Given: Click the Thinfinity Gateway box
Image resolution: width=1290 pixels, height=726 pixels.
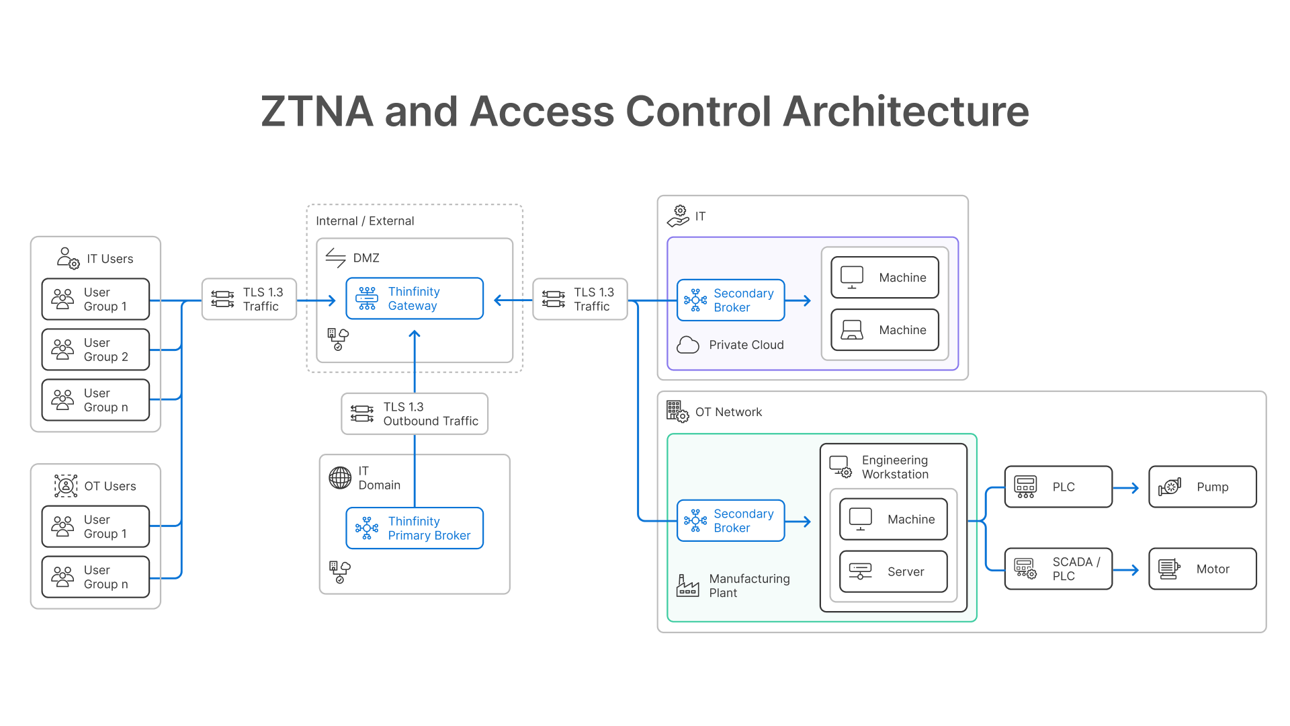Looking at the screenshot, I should [x=414, y=298].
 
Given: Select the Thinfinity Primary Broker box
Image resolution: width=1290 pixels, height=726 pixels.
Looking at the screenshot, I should [x=414, y=528].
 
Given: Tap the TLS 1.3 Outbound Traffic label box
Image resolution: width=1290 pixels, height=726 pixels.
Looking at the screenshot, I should [x=414, y=414].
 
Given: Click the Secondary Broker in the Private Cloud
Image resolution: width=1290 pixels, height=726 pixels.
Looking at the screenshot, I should [x=730, y=300].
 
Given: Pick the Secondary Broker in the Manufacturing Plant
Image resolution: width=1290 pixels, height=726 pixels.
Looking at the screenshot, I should [x=730, y=521].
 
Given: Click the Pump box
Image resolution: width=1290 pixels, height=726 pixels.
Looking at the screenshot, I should [x=1202, y=487].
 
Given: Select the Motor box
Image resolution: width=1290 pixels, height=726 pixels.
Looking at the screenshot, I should [x=1202, y=569].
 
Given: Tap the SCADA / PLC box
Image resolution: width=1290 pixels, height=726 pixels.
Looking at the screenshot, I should [x=1058, y=569].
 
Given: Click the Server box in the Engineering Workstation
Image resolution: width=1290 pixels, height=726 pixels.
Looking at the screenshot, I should [x=893, y=572].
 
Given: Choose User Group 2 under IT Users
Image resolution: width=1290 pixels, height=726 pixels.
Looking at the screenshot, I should [x=95, y=350].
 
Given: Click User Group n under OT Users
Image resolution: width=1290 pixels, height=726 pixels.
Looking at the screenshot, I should [x=95, y=577].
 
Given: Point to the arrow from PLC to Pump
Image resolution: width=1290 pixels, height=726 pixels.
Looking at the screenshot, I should [x=1126, y=488].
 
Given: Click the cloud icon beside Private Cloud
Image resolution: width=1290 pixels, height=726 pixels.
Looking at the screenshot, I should [x=687, y=346].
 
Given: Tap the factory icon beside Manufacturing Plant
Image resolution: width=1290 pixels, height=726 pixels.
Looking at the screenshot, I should [x=687, y=586].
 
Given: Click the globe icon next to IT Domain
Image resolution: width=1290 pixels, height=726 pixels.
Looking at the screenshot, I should [x=340, y=478].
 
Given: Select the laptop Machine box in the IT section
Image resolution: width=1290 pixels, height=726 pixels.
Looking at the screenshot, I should [x=884, y=330].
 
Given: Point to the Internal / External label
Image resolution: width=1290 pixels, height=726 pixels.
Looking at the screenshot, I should [x=365, y=221].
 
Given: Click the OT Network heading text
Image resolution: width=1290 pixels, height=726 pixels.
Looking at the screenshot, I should [x=728, y=412].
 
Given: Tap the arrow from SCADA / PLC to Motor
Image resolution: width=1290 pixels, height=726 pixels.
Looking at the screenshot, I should [x=1126, y=570].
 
